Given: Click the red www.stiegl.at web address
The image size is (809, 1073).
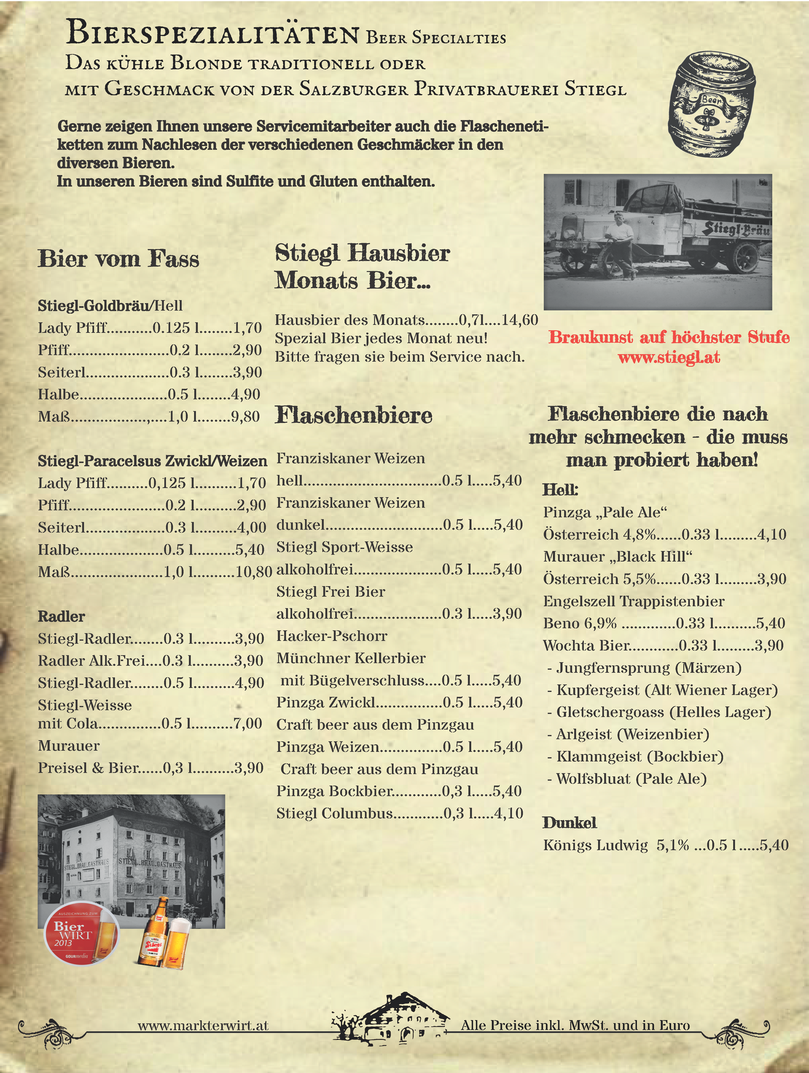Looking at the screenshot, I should [x=669, y=357].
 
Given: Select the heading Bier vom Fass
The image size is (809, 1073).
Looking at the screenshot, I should [x=118, y=259].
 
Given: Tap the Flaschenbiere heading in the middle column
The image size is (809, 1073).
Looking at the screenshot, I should [x=353, y=415].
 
